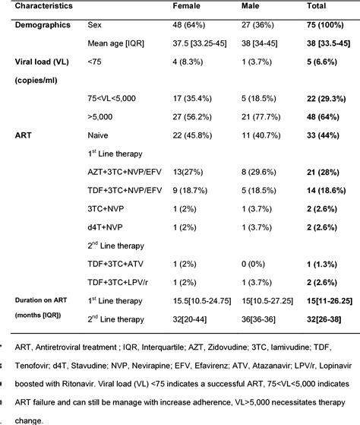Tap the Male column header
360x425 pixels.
250,7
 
